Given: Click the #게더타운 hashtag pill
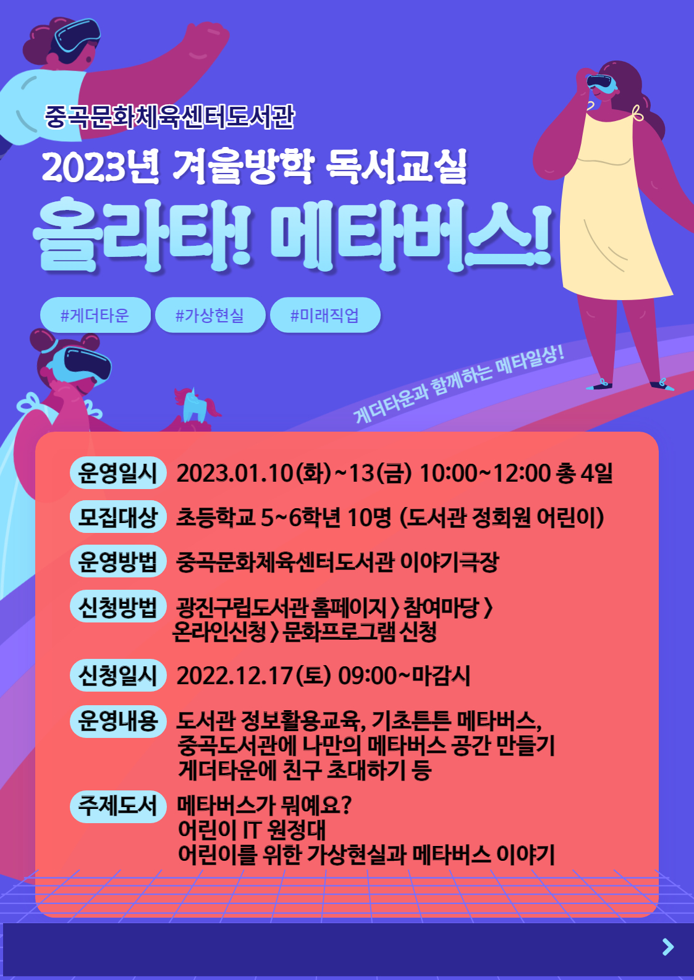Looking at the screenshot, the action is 95,315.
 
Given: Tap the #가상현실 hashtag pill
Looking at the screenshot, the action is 210,315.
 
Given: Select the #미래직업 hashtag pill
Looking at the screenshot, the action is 325,315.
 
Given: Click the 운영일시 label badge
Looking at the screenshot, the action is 118,473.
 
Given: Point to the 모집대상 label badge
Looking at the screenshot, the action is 118,517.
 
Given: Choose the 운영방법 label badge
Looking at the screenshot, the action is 118,561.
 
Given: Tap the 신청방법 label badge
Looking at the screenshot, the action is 118,606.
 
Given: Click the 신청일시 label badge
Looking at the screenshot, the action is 118,676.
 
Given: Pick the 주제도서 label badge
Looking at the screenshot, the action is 118,806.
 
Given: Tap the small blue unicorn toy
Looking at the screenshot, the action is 196,404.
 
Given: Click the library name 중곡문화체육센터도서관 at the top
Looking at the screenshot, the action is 169,117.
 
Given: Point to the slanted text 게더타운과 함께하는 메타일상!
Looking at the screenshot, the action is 459,385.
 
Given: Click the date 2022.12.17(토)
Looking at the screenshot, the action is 253,676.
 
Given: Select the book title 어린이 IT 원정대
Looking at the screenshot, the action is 252,830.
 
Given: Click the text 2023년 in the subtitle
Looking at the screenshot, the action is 101,168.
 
